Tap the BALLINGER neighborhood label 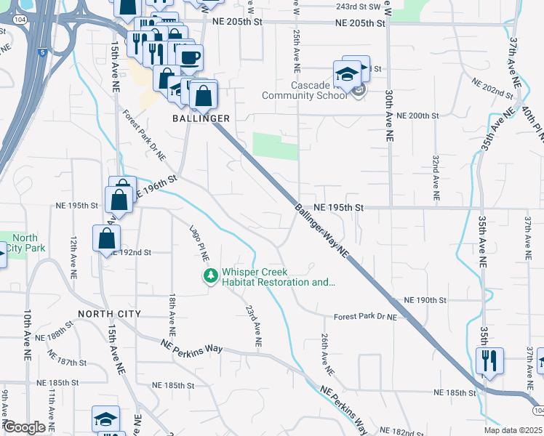201,118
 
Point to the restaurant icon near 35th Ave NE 489,361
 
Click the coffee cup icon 189,57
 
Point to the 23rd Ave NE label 252,324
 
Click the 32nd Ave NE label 435,177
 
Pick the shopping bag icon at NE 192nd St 106,238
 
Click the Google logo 24,427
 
